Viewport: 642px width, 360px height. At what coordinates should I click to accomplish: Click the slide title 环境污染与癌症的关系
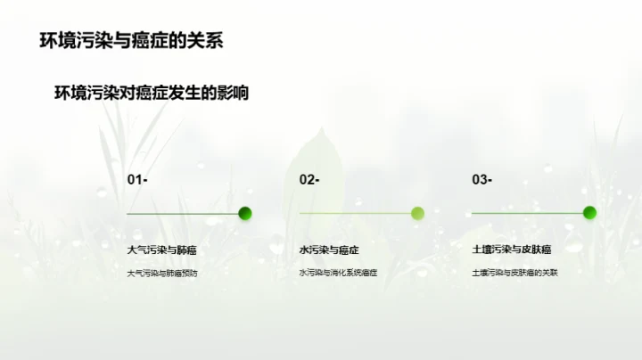(x=132, y=41)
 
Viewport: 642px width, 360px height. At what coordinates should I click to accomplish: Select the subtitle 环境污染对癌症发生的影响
(x=151, y=93)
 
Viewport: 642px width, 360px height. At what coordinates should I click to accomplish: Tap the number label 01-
(x=137, y=180)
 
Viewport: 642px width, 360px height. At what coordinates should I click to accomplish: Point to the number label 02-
(x=309, y=180)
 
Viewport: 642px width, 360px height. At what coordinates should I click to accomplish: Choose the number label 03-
(x=482, y=180)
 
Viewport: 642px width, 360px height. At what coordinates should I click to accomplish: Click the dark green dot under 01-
(x=245, y=213)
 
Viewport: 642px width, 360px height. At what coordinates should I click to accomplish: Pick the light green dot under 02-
(x=417, y=213)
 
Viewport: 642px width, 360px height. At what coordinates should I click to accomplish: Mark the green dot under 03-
(x=589, y=213)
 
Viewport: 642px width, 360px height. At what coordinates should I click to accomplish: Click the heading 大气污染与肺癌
(x=160, y=250)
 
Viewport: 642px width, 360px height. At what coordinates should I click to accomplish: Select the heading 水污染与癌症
(x=329, y=250)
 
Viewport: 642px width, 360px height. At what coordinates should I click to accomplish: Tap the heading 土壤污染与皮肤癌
(x=512, y=250)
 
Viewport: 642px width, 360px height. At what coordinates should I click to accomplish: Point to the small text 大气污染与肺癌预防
(x=162, y=273)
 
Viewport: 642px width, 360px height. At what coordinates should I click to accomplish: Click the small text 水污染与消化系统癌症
(x=338, y=273)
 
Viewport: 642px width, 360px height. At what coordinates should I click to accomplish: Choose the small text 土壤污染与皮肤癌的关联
(x=514, y=273)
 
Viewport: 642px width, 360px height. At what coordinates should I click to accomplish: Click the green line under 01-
(x=183, y=214)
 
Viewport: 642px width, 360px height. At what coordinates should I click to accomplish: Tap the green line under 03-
(x=527, y=214)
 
